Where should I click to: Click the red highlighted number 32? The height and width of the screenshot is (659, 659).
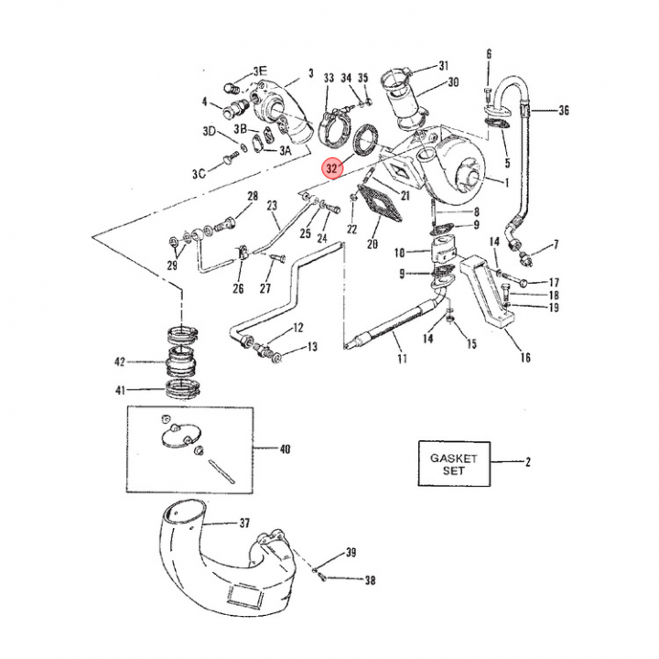pyautogui.click(x=332, y=168)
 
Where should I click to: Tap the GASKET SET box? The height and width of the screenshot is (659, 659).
pyautogui.click(x=454, y=463)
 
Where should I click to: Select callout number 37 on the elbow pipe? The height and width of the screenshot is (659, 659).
pyautogui.click(x=244, y=524)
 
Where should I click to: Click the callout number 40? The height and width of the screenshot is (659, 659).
pyautogui.click(x=285, y=449)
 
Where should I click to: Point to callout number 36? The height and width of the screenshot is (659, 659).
pyautogui.click(x=564, y=111)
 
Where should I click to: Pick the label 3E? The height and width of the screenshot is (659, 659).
pyautogui.click(x=260, y=70)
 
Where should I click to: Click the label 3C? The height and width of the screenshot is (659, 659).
pyautogui.click(x=199, y=173)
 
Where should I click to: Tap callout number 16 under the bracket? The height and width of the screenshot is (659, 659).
pyautogui.click(x=525, y=358)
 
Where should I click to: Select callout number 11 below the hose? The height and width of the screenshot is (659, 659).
pyautogui.click(x=402, y=358)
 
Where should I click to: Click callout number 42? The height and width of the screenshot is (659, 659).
pyautogui.click(x=120, y=362)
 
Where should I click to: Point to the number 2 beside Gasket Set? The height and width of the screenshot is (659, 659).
pyautogui.click(x=528, y=462)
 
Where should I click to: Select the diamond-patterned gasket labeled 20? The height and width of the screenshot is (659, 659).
pyautogui.click(x=380, y=203)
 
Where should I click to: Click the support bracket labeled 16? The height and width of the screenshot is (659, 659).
pyautogui.click(x=488, y=294)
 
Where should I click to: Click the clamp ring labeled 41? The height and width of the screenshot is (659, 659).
pyautogui.click(x=182, y=389)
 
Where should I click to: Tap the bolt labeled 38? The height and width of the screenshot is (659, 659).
pyautogui.click(x=322, y=577)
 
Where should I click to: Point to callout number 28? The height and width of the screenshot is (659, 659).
pyautogui.click(x=253, y=196)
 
